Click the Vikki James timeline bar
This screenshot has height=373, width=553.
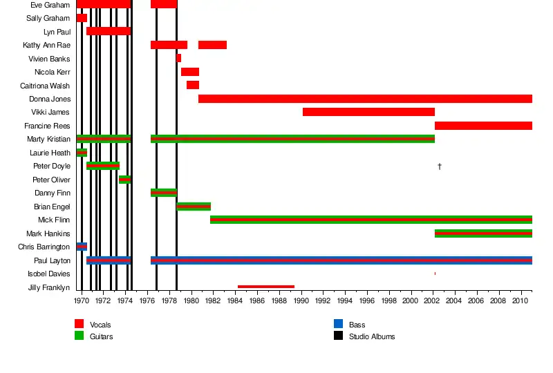click(x=368, y=112)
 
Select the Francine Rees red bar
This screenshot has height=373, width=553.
click(x=483, y=126)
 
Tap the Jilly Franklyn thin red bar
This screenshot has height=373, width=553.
click(x=266, y=287)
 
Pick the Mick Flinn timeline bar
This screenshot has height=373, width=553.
click(x=371, y=220)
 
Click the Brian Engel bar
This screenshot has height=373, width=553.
click(x=194, y=207)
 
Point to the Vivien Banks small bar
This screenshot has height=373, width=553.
click(x=179, y=59)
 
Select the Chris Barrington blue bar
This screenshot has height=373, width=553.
click(x=82, y=247)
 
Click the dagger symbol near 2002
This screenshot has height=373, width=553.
click(x=440, y=166)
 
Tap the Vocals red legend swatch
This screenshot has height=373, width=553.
click(x=79, y=324)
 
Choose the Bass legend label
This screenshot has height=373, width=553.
click(x=357, y=325)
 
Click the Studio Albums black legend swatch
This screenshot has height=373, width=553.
click(x=339, y=336)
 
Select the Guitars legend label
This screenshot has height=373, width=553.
click(x=102, y=336)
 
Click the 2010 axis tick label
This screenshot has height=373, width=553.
click(x=521, y=301)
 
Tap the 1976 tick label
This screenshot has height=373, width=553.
click(x=147, y=301)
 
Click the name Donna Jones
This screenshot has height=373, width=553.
click(x=50, y=99)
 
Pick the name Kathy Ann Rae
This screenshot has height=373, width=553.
click(x=46, y=45)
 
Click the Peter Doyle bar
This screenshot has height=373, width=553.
click(x=103, y=166)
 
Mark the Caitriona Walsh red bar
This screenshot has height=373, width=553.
click(x=193, y=85)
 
